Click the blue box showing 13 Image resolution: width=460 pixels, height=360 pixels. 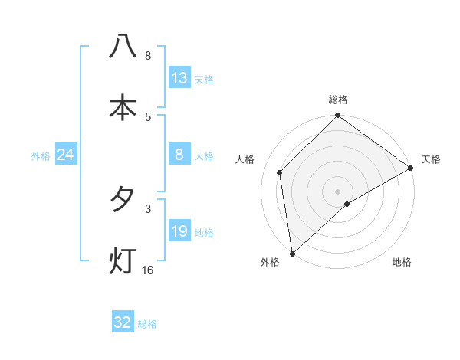179,78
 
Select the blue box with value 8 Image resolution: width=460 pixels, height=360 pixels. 179,155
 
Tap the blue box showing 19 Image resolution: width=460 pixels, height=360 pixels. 179,232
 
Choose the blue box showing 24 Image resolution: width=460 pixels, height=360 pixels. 66,155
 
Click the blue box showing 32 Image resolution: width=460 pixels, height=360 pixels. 123,322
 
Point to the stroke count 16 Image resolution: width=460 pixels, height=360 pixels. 148,270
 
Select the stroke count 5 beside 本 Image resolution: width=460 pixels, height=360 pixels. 148,116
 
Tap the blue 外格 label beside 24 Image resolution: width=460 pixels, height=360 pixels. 41,156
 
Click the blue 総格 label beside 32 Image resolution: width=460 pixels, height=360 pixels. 147,324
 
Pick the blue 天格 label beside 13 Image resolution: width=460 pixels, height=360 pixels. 204,80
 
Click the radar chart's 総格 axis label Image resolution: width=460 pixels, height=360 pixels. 338,100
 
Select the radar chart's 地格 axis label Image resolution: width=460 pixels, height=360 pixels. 402,263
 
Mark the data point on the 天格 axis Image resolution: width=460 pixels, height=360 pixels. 411,169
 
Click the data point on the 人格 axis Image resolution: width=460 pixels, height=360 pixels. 280,172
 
